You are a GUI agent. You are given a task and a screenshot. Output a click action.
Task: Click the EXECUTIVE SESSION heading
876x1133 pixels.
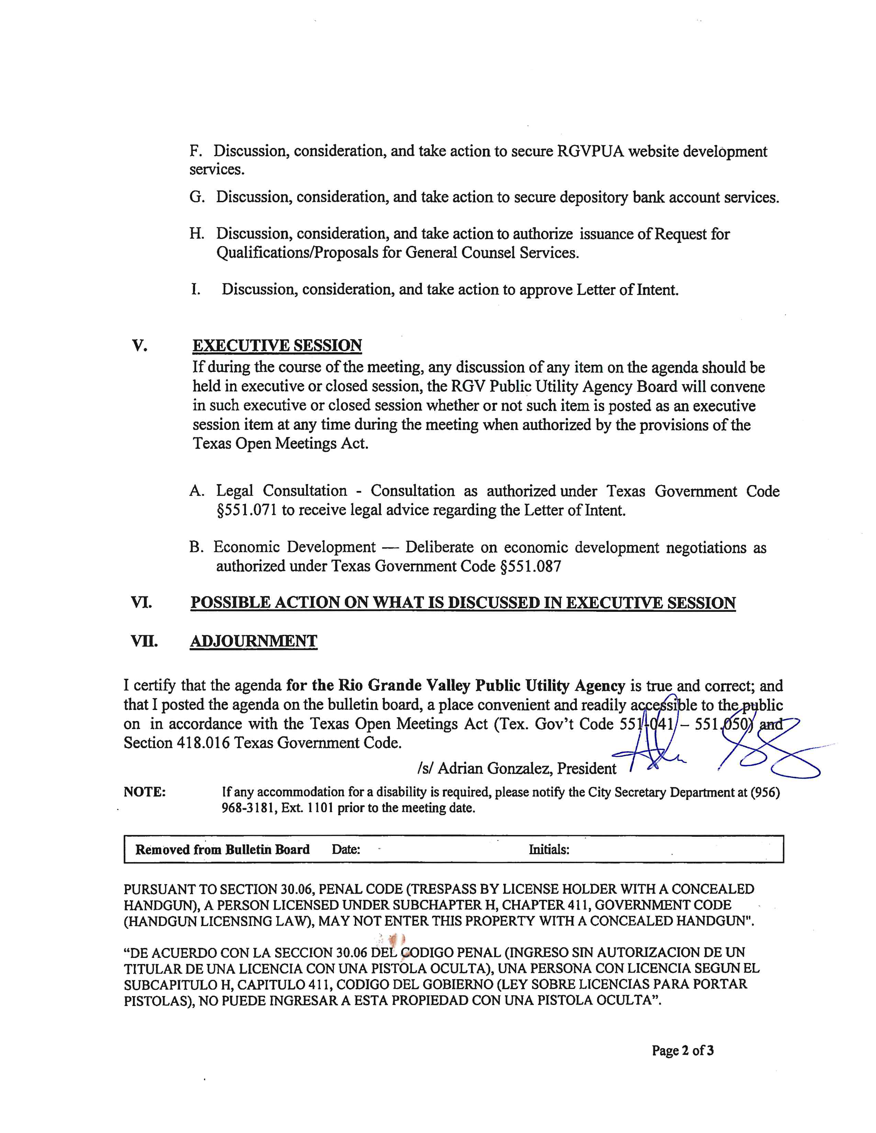tap(277, 345)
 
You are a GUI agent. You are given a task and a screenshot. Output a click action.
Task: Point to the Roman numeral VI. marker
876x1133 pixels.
tap(142, 603)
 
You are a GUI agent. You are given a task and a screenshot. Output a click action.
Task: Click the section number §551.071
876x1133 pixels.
tap(247, 511)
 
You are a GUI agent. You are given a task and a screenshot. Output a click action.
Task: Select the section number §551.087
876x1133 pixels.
tap(530, 566)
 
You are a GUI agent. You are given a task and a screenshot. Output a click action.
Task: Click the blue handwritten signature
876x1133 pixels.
tap(727, 747)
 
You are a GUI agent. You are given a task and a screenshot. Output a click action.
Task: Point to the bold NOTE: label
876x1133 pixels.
tap(145, 792)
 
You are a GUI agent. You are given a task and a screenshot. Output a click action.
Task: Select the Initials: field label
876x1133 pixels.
tap(549, 849)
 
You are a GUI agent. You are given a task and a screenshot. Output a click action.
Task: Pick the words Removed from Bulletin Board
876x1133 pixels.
tap(222, 849)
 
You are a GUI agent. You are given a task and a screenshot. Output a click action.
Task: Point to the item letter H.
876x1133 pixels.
tap(197, 234)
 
